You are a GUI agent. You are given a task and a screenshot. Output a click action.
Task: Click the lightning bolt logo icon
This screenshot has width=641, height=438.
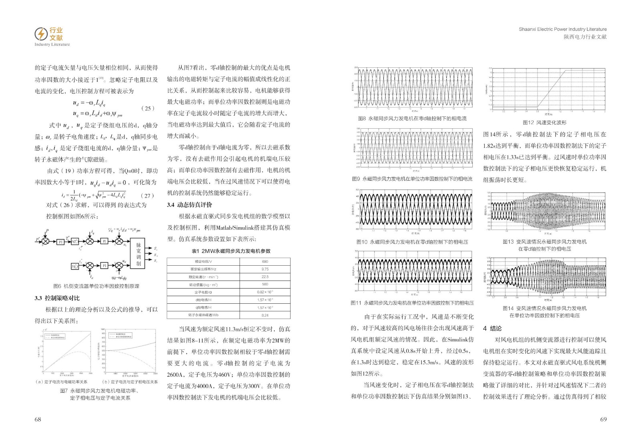click(x=41, y=34)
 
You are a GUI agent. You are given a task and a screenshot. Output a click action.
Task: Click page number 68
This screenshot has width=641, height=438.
click(x=38, y=419)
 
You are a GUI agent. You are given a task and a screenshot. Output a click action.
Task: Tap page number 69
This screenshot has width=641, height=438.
click(x=603, y=419)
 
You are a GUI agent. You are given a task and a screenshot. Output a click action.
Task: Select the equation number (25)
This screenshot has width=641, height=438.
click(x=148, y=108)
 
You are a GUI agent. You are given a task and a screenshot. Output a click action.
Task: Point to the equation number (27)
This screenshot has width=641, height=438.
click(x=147, y=196)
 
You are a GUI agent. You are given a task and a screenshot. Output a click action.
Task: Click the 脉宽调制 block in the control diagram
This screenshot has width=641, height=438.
click(x=139, y=254)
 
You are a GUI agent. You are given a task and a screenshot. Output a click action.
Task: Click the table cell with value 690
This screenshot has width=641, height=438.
click(x=265, y=261)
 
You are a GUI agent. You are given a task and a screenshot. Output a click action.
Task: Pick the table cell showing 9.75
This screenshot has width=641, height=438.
click(x=265, y=269)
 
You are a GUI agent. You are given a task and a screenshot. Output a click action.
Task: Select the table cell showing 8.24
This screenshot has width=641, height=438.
click(x=265, y=315)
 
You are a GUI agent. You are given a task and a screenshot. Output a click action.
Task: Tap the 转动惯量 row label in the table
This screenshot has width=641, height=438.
click(x=203, y=285)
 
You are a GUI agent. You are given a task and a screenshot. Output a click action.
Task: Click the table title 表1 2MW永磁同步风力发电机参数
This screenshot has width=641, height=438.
click(x=231, y=251)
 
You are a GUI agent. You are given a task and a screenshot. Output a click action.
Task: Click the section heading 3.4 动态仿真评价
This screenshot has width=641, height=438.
click(x=189, y=205)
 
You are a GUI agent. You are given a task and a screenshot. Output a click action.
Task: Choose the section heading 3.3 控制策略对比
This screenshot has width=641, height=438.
click(x=57, y=298)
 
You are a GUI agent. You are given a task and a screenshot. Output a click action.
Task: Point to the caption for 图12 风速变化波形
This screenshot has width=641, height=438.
click(x=544, y=123)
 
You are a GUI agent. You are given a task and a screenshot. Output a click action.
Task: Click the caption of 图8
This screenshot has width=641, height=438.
click(x=412, y=119)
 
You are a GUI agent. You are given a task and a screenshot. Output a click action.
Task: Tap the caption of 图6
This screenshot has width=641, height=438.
click(x=96, y=286)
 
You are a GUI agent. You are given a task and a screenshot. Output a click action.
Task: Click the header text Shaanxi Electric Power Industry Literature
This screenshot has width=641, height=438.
click(x=562, y=29)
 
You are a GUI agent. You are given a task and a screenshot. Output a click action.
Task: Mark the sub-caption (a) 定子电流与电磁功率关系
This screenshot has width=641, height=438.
click(x=62, y=382)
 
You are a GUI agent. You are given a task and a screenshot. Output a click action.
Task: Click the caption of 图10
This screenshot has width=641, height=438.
click(x=412, y=242)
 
